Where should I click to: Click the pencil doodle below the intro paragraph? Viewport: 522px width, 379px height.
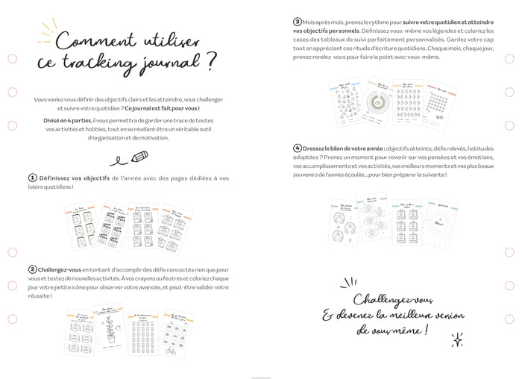(139, 157)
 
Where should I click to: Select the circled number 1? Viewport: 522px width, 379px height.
(33, 178)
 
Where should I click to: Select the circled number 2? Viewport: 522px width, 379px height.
(33, 269)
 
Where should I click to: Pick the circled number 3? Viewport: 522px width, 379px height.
(297, 22)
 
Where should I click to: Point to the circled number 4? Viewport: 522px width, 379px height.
(297, 148)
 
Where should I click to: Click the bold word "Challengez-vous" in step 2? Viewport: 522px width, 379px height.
(60, 269)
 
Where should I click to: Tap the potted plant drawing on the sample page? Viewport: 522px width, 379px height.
(111, 328)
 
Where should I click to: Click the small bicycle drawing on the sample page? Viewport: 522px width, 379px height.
(172, 348)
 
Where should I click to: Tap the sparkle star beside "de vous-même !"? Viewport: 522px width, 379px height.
(457, 339)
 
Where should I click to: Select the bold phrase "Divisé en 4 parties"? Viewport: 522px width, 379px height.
(67, 120)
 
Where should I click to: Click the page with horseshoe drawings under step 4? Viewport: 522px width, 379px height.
(345, 224)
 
